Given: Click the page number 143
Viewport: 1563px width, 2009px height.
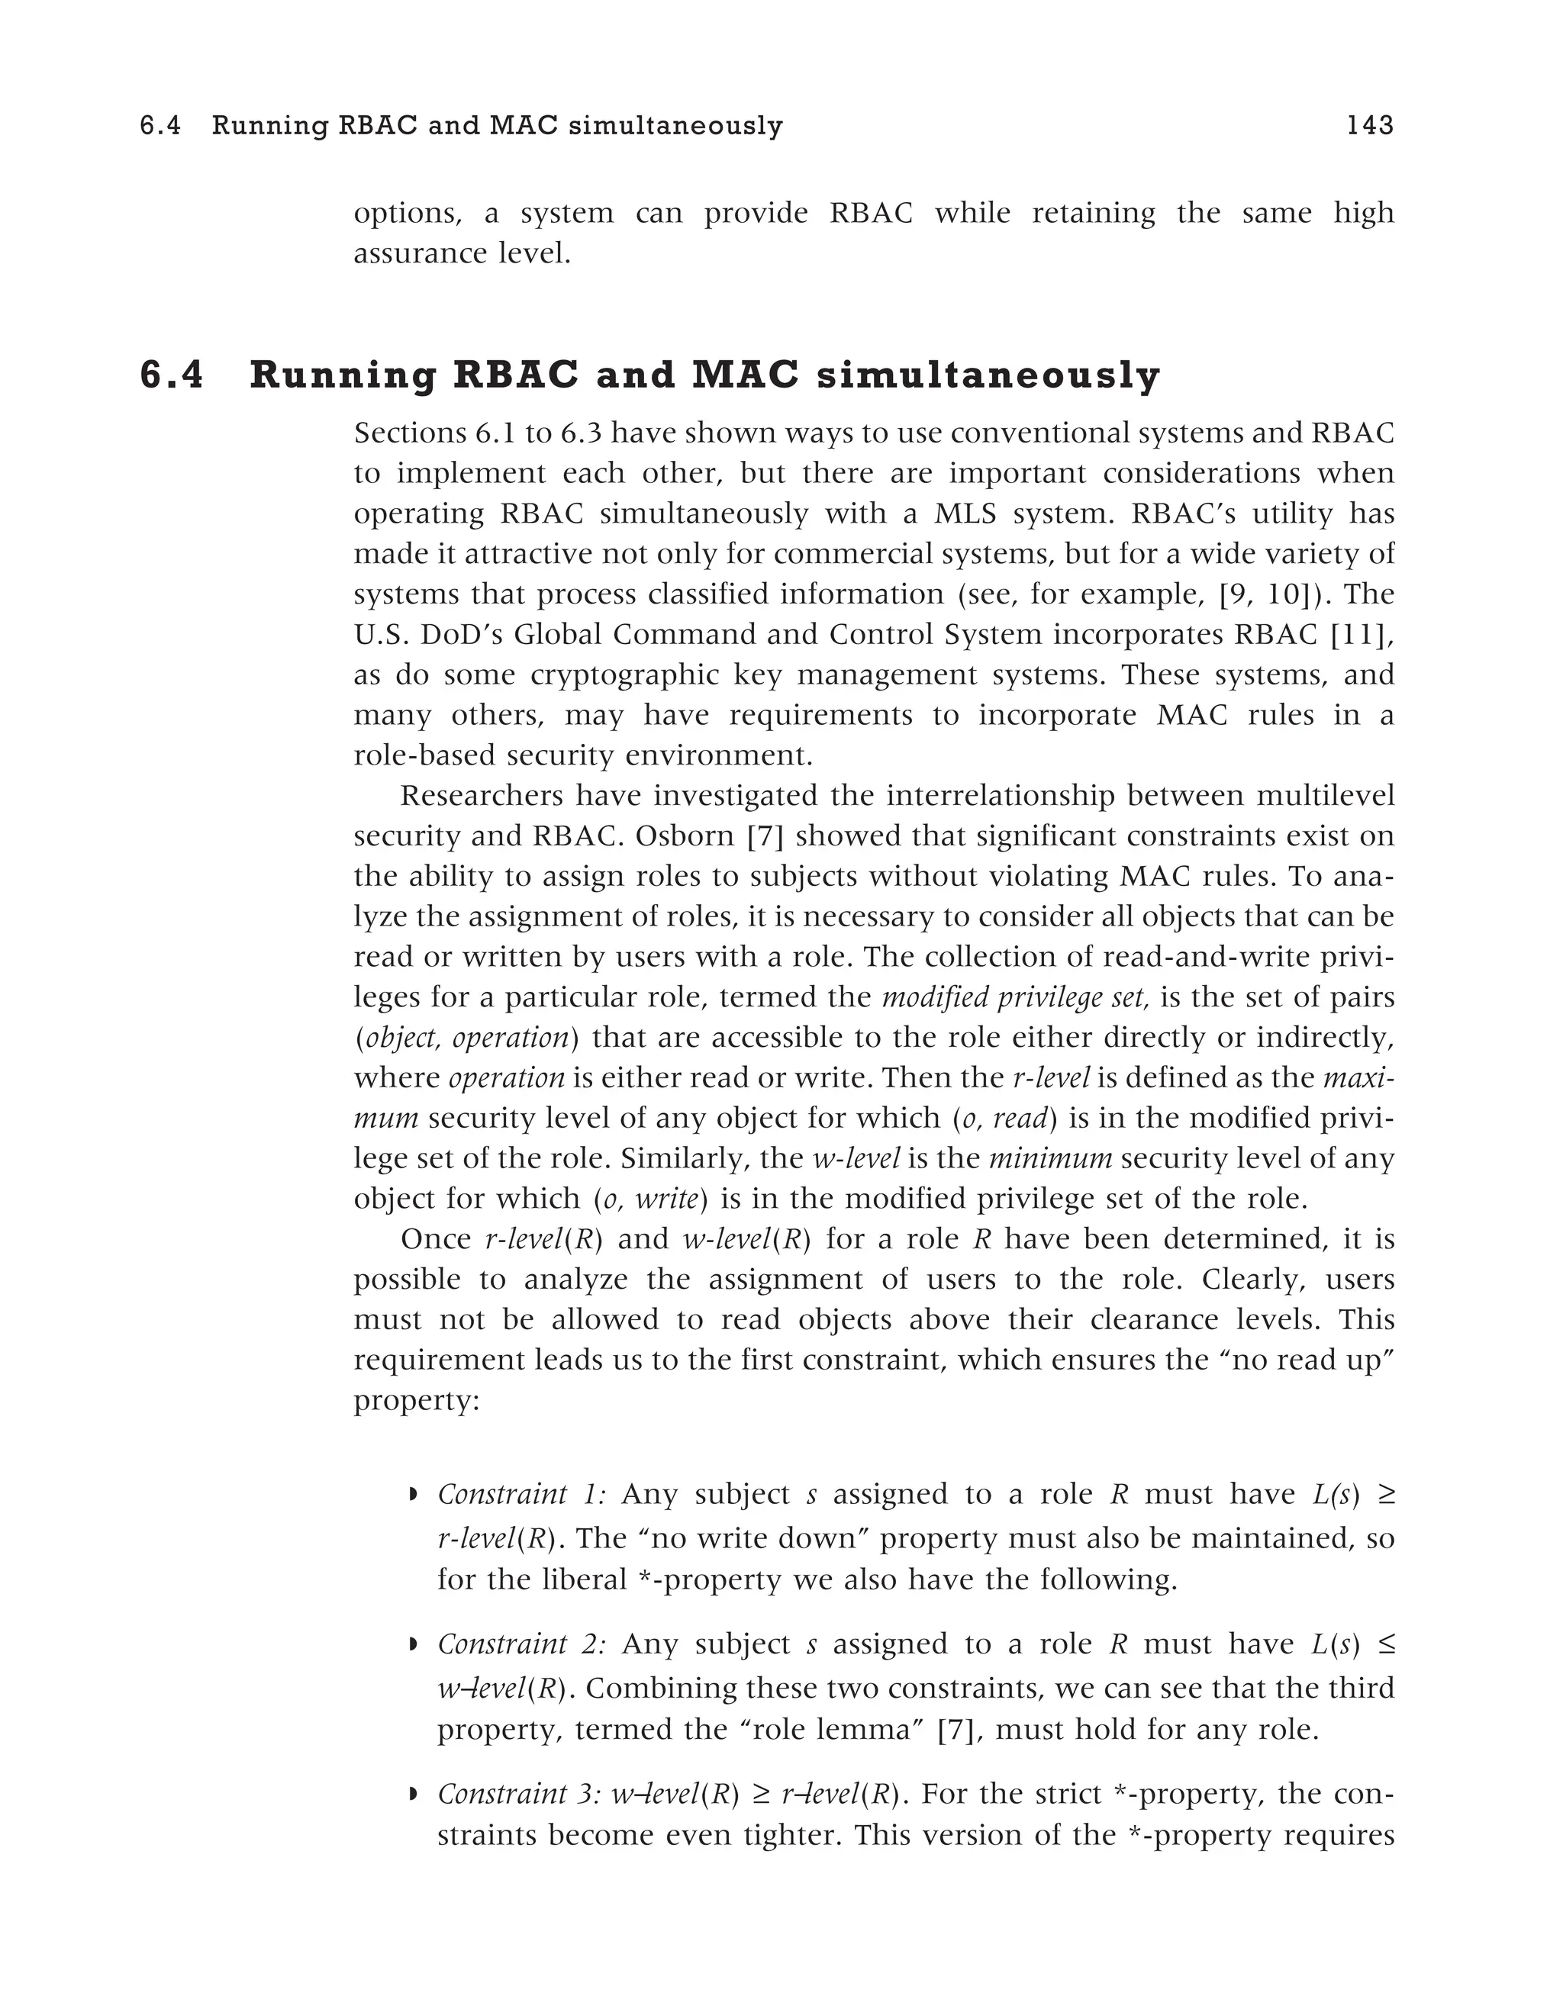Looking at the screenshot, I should (1369, 125).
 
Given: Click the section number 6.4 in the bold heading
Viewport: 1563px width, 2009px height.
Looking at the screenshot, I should (172, 376).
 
